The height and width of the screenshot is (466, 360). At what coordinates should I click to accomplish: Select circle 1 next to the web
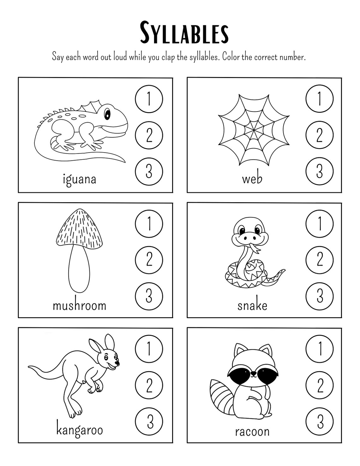point(320,99)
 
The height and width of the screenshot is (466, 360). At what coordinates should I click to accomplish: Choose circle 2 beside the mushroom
point(149,260)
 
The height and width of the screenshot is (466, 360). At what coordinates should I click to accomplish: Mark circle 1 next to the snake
point(320,224)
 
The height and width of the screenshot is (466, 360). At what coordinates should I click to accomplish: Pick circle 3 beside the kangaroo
point(149,421)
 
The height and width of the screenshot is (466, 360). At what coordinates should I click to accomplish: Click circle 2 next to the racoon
point(320,385)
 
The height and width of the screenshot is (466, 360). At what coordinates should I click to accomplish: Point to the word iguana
point(79,179)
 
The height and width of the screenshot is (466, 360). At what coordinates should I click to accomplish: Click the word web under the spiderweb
point(252,179)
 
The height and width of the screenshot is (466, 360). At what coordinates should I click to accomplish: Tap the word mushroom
point(79,306)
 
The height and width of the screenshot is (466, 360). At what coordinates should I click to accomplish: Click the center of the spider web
point(253,130)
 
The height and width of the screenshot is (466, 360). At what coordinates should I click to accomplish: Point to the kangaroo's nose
point(118,364)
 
